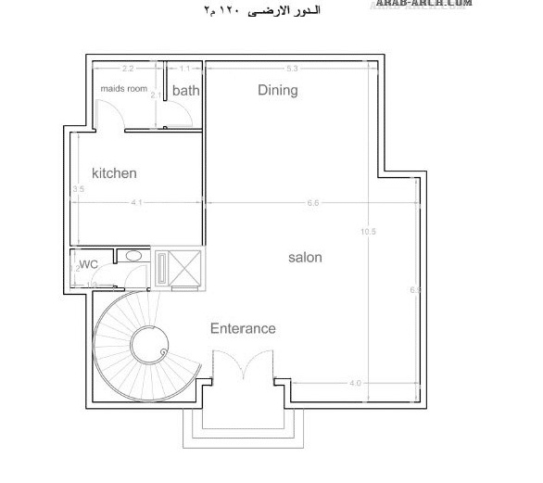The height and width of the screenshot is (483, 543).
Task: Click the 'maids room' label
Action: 124,89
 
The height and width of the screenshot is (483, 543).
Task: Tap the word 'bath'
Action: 185,91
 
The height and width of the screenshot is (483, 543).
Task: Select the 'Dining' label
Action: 277,90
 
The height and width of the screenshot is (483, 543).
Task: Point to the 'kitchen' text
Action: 114,173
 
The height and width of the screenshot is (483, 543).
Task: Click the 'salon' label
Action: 305,257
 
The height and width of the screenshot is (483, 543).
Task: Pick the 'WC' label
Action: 88,264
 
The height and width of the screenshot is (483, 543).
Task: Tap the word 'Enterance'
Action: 243,328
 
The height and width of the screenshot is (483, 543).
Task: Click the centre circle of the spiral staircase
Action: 146,346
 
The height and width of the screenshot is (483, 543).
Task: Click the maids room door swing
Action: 109,116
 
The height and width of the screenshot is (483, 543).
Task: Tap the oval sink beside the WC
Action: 133,255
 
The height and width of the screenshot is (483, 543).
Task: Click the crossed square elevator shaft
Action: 187,269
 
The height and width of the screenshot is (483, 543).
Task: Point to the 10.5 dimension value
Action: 369,232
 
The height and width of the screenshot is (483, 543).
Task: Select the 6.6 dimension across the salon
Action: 312,202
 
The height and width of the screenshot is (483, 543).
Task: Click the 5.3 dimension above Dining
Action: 292,69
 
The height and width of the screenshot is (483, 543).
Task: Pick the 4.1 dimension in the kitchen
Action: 136,202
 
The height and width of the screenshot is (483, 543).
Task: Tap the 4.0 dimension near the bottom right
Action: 354,383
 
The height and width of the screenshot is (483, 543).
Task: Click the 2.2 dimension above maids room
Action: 128,69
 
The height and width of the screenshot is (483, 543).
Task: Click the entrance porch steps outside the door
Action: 242,426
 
